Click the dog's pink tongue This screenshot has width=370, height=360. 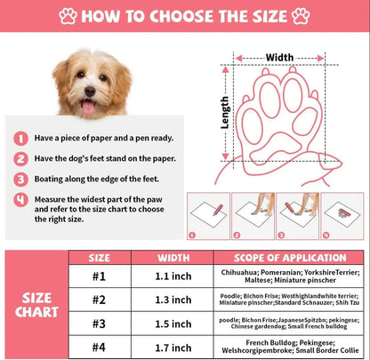(88, 108)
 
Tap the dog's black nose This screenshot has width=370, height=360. (90, 92)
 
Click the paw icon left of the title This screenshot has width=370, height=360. (68, 16)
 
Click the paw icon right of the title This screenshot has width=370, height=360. (301, 16)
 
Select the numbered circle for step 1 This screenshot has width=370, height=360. (20, 139)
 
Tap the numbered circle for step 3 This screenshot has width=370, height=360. (20, 180)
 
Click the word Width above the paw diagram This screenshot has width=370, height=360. (279, 57)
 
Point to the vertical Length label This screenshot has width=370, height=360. (225, 113)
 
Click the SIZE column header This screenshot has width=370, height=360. (100, 258)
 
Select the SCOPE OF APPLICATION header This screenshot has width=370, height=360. (290, 258)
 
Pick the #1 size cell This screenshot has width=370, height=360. (100, 276)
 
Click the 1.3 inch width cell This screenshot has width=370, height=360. (173, 300)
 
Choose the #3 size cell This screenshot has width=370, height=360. (100, 324)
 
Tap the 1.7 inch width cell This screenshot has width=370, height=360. (173, 348)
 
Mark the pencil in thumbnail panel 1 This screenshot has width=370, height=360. (218, 210)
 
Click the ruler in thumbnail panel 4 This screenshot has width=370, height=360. (343, 212)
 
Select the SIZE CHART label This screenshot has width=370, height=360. (36, 305)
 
